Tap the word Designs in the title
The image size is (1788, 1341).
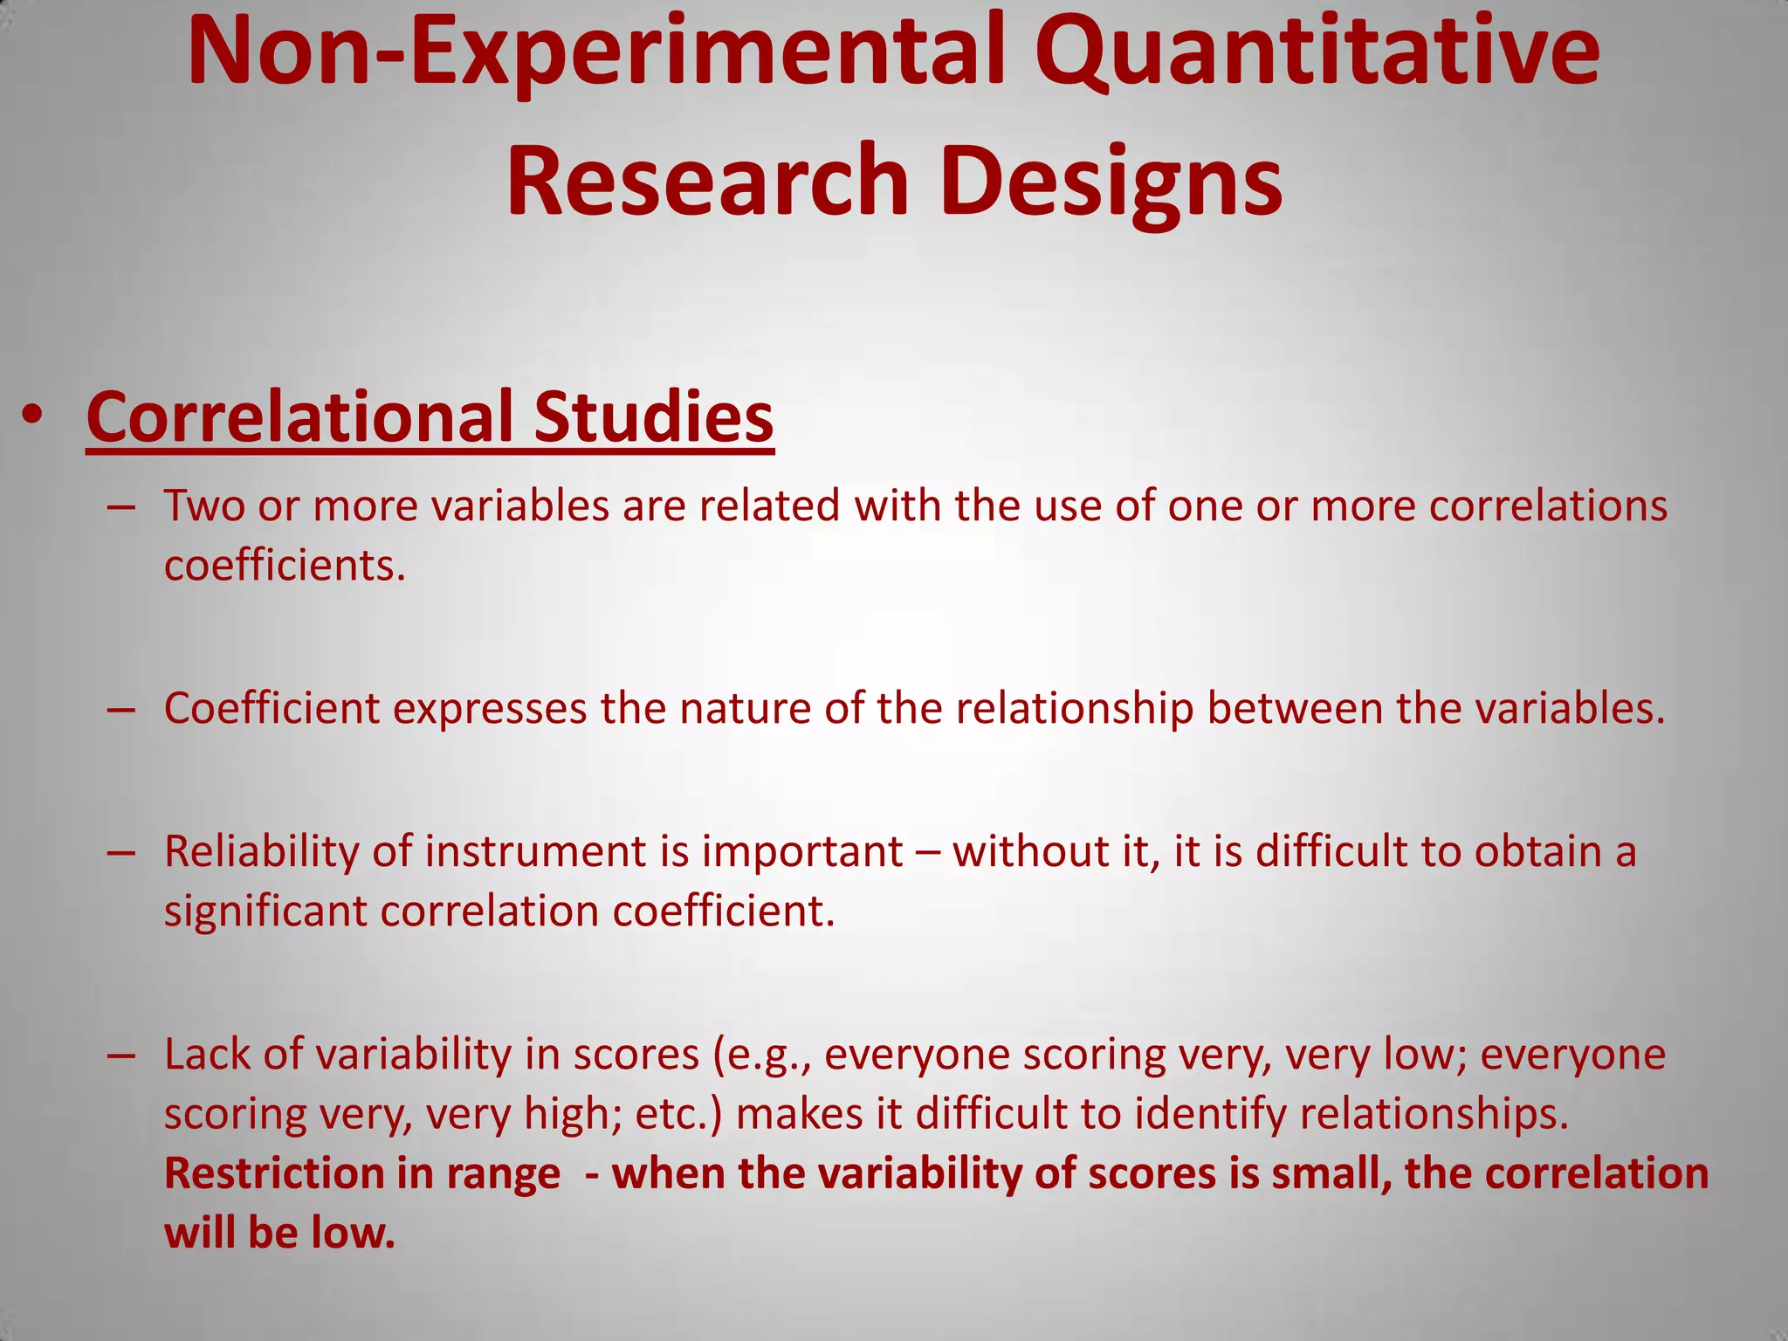click(1111, 182)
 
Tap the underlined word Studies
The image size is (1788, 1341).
click(653, 416)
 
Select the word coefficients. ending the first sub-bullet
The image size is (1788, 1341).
click(285, 566)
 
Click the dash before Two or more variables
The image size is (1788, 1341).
click(121, 507)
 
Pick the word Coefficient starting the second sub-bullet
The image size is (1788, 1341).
click(272, 708)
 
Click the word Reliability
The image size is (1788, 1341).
click(261, 852)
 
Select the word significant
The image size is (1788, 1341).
click(265, 911)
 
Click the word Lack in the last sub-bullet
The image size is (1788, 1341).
click(207, 1055)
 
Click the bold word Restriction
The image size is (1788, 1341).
click(272, 1173)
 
